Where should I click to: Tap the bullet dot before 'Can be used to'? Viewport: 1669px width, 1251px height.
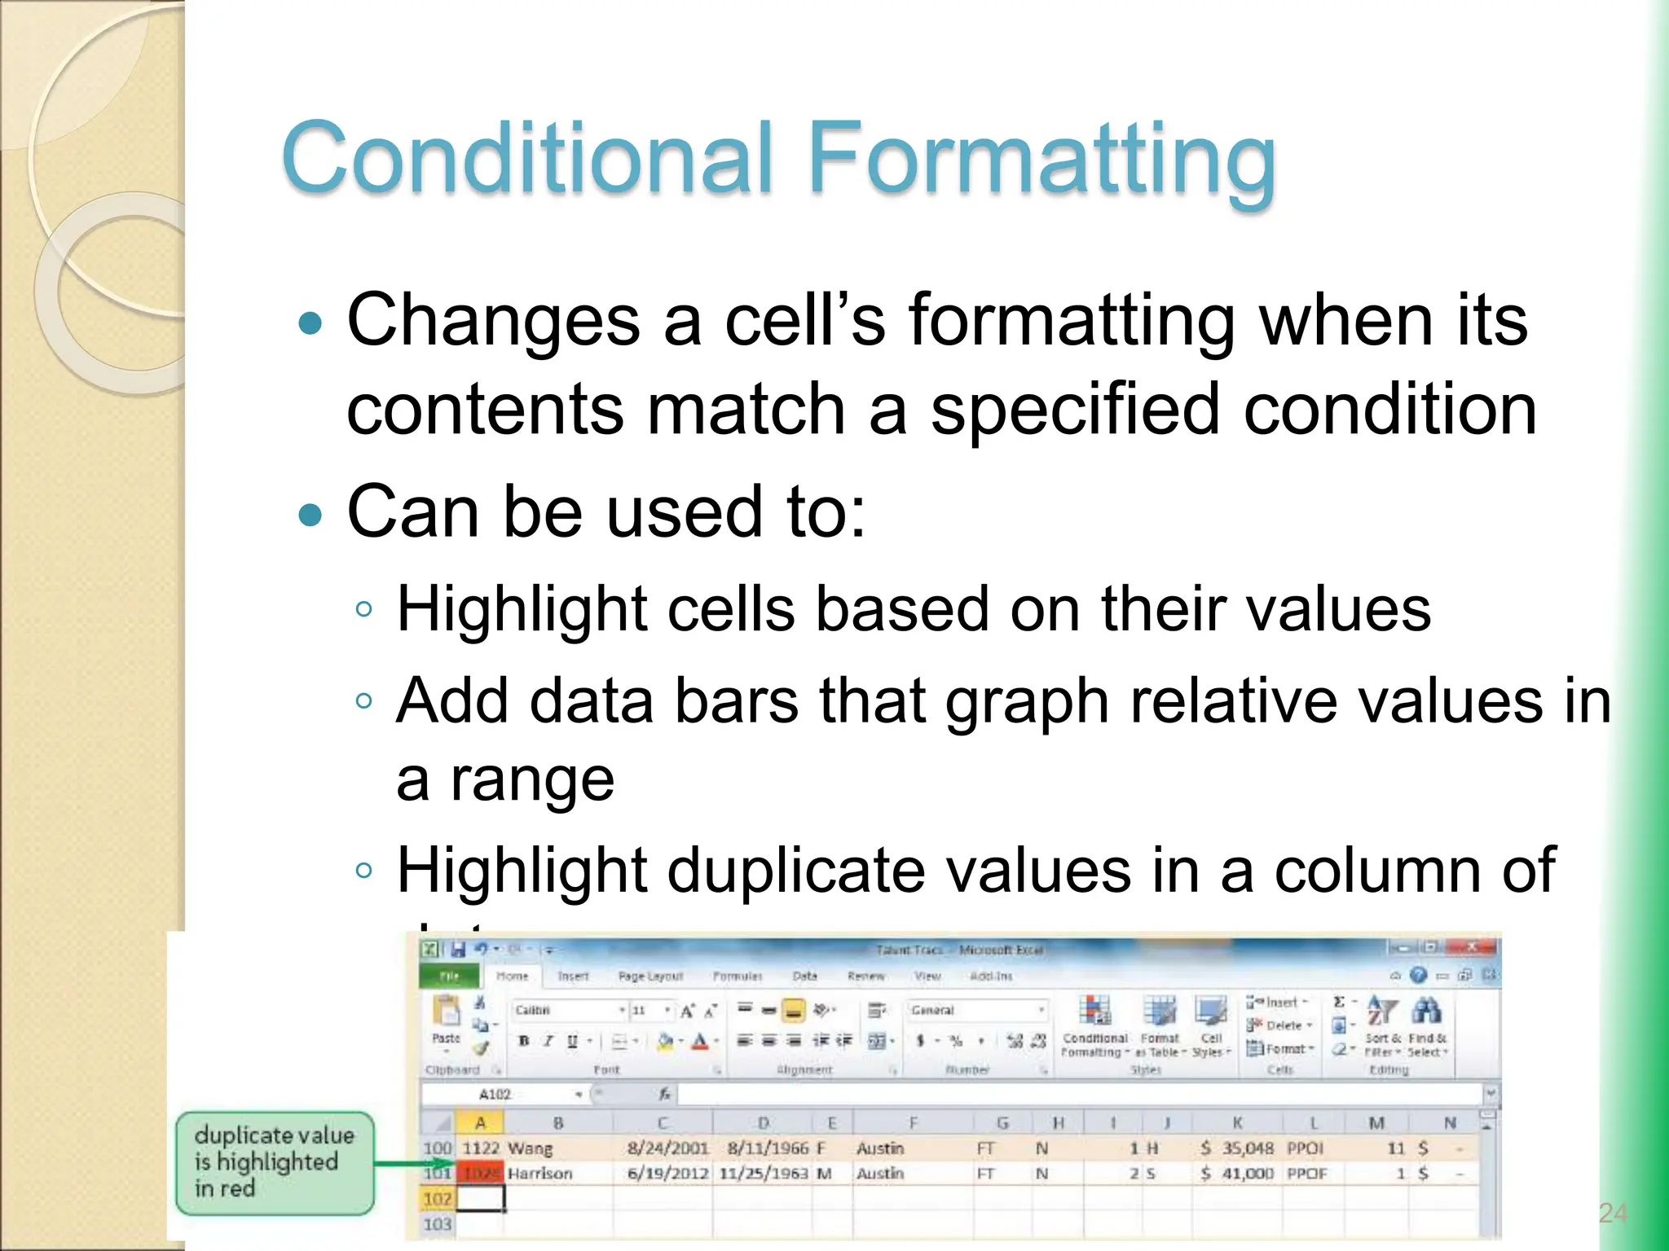(x=310, y=515)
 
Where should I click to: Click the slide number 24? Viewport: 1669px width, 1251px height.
(x=1612, y=1214)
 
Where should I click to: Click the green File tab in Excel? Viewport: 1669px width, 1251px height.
(x=449, y=976)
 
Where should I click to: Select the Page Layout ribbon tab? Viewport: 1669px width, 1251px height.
(x=650, y=976)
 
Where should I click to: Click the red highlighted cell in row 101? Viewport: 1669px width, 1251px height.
(x=481, y=1174)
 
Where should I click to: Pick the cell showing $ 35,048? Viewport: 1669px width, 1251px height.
(x=1237, y=1148)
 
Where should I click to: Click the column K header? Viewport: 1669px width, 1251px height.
(x=1237, y=1123)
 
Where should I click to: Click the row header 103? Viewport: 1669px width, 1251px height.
(x=437, y=1224)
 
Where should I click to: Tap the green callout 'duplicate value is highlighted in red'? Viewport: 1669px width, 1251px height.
(x=274, y=1162)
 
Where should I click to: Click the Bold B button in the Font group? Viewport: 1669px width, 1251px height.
(x=524, y=1041)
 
